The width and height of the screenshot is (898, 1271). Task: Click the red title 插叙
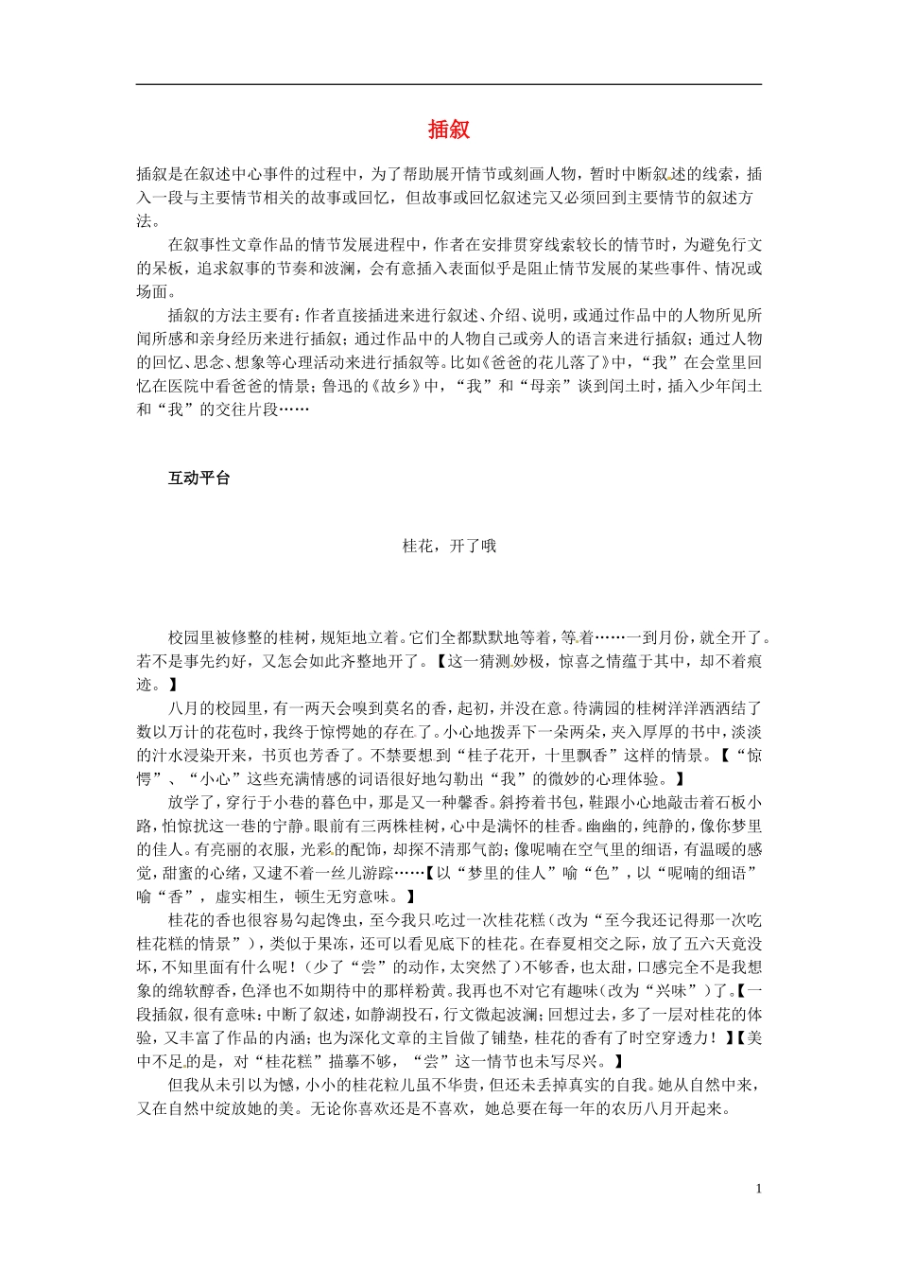(449, 130)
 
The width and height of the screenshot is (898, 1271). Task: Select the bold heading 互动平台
(199, 479)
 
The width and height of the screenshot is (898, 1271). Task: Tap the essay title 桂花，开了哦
(449, 546)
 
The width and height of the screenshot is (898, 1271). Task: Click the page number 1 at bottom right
(758, 1189)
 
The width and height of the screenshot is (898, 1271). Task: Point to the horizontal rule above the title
(449, 85)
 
